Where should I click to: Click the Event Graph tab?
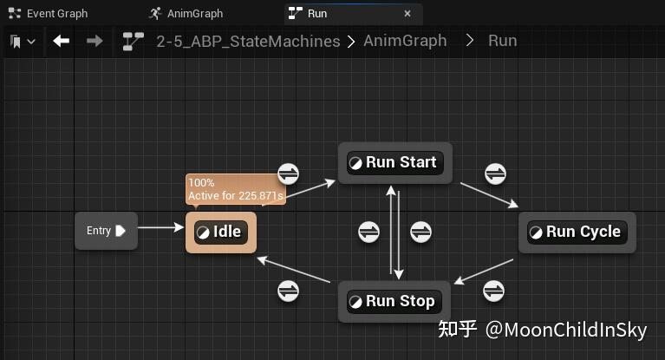coord(48,14)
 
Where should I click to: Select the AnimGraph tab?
coord(186,14)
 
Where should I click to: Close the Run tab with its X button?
coord(407,14)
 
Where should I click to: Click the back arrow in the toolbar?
coord(62,41)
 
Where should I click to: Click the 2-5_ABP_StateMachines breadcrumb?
coord(248,41)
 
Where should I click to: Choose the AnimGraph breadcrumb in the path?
coord(405,41)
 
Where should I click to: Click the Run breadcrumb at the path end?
coord(503,41)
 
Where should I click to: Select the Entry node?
coord(106,231)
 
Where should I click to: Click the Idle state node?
coord(221,232)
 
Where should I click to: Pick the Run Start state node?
coord(395,162)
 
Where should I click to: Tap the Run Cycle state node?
coord(577,232)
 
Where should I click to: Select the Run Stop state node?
coord(394,301)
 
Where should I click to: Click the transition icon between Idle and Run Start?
coord(289,173)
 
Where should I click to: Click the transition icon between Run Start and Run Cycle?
coord(495,173)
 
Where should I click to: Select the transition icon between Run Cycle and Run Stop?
coord(493,291)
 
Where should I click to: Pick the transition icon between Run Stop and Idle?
coord(289,291)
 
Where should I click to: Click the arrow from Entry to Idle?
coord(160,227)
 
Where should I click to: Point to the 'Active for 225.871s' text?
coord(236,196)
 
